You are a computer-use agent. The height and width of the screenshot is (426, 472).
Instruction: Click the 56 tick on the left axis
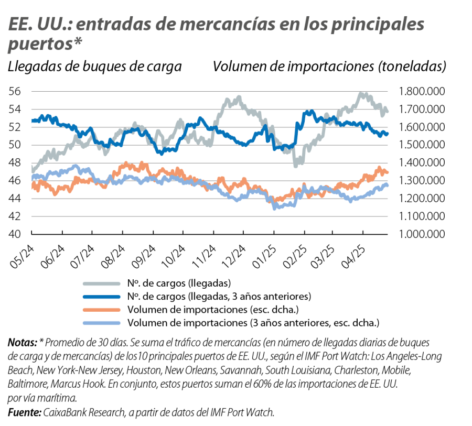pos(15,91)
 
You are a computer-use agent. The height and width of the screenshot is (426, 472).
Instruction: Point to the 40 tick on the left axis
pos(15,234)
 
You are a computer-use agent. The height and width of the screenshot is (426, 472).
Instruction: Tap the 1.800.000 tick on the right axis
pos(421,92)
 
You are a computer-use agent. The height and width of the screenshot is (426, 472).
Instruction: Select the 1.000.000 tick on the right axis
pos(421,234)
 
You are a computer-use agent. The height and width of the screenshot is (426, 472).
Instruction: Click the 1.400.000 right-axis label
pos(421,163)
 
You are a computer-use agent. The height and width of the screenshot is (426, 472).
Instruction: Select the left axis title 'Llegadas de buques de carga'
pos(95,67)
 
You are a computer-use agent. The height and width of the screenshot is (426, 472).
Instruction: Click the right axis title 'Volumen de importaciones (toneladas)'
pos(330,67)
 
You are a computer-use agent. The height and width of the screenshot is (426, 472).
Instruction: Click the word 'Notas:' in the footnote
pos(22,343)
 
